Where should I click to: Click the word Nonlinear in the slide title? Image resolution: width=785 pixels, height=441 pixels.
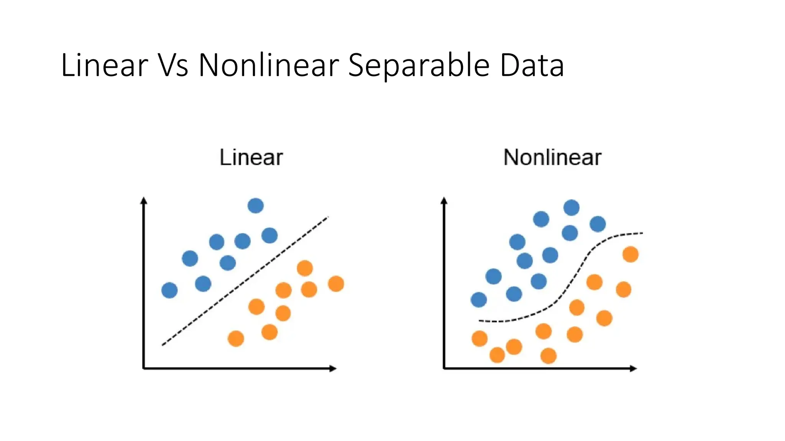point(268,65)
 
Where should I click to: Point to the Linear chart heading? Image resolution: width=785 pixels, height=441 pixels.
point(251,157)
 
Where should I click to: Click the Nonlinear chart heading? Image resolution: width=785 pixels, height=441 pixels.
point(552,157)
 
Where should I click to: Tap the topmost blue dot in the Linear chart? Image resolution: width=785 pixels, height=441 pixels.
point(256,206)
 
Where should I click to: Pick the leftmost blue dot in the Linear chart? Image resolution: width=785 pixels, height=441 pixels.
point(169,290)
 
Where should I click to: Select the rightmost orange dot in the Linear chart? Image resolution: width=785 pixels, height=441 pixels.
point(336,284)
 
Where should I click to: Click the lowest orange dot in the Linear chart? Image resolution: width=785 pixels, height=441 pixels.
point(236,339)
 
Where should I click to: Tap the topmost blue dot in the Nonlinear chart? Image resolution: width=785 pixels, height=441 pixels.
point(572,207)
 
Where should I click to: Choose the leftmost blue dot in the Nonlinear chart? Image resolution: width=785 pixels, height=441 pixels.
point(479,299)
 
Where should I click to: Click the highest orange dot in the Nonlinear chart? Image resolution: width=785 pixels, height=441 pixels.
point(631,254)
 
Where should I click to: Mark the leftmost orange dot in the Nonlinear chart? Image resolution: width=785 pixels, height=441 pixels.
point(480,338)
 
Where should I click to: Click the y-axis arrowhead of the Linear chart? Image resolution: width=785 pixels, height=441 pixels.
point(144,200)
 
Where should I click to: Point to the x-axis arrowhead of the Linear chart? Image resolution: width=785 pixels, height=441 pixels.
point(333,369)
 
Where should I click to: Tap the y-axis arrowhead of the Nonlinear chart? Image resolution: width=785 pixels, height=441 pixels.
point(444,200)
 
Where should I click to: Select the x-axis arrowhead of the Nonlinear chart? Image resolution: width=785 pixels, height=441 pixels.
point(634,369)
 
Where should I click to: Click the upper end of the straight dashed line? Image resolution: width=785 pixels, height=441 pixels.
point(328,217)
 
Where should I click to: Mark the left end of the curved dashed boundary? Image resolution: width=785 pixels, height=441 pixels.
point(480,320)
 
